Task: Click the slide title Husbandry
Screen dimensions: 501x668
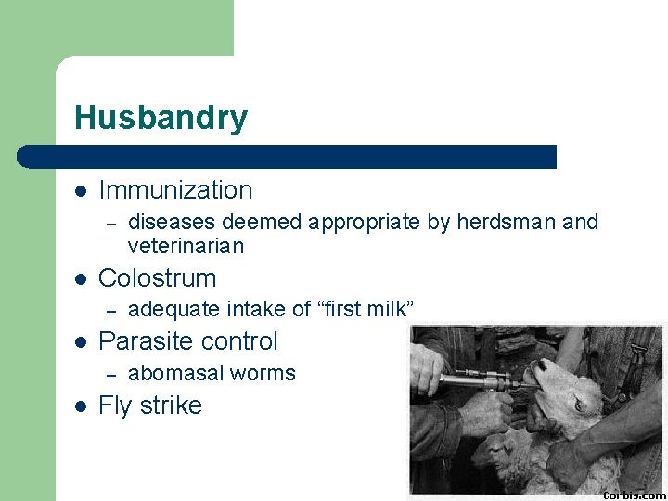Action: pyautogui.click(x=161, y=118)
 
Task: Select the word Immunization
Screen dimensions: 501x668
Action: pyautogui.click(x=175, y=190)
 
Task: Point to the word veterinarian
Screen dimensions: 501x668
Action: pyautogui.click(x=186, y=247)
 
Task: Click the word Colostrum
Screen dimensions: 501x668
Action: pyautogui.click(x=157, y=278)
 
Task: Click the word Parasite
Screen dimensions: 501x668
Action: pyautogui.click(x=144, y=341)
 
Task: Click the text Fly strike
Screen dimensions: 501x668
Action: pyautogui.click(x=149, y=405)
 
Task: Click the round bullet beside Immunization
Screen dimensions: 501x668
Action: pyautogui.click(x=81, y=191)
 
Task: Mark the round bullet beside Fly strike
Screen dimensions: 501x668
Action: pyautogui.click(x=81, y=406)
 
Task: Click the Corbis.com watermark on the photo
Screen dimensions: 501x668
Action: pyautogui.click(x=636, y=494)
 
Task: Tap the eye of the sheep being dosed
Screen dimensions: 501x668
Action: pyautogui.click(x=581, y=405)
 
